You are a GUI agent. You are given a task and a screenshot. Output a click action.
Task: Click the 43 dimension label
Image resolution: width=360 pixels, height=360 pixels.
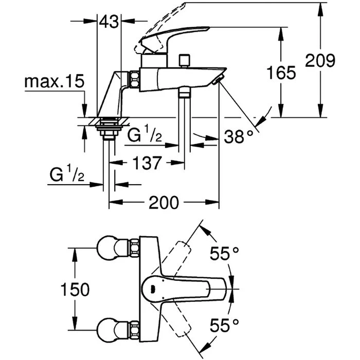(x=109, y=22)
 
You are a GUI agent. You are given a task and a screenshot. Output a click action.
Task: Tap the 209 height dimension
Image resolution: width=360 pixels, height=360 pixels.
(x=320, y=61)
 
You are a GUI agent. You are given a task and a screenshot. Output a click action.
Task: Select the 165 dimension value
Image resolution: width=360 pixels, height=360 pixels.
(x=281, y=73)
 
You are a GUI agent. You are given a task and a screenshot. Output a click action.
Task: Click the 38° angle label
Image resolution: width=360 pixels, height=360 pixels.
(x=239, y=136)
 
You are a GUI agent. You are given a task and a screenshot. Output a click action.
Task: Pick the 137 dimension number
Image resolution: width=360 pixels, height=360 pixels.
(x=147, y=163)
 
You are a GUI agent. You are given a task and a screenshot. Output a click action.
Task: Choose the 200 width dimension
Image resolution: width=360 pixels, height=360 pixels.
(x=164, y=203)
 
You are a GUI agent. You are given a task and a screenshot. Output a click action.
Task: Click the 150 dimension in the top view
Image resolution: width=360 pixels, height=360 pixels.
(x=75, y=289)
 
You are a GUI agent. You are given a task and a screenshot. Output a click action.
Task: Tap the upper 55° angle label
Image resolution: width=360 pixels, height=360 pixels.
(x=225, y=253)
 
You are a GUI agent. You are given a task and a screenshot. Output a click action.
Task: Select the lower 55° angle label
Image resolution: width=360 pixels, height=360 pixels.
(x=225, y=325)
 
